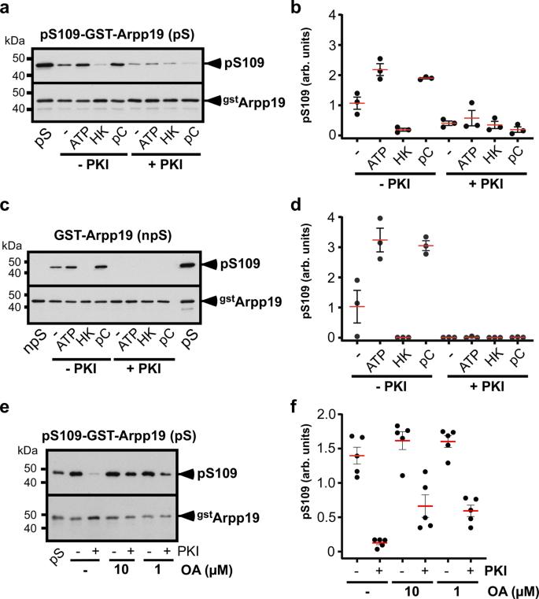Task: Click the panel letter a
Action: tap(6, 7)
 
